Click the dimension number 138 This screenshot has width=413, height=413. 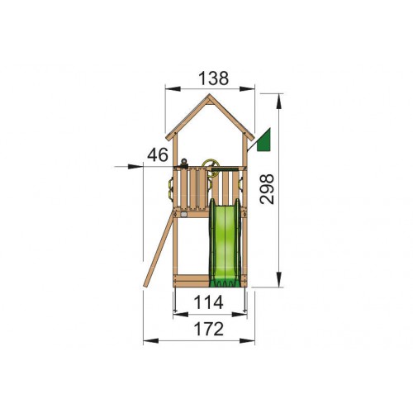click(x=214, y=78)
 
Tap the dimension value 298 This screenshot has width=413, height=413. click(x=267, y=189)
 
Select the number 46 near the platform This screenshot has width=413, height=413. click(x=158, y=154)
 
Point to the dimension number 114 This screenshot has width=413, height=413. click(x=208, y=302)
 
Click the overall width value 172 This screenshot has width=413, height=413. click(x=209, y=329)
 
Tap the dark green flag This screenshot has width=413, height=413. click(x=264, y=140)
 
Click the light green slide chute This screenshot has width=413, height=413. click(x=225, y=241)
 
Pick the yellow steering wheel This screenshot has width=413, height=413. click(x=210, y=168)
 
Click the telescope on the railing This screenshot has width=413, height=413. click(x=183, y=164)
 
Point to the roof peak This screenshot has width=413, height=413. click(x=209, y=95)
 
